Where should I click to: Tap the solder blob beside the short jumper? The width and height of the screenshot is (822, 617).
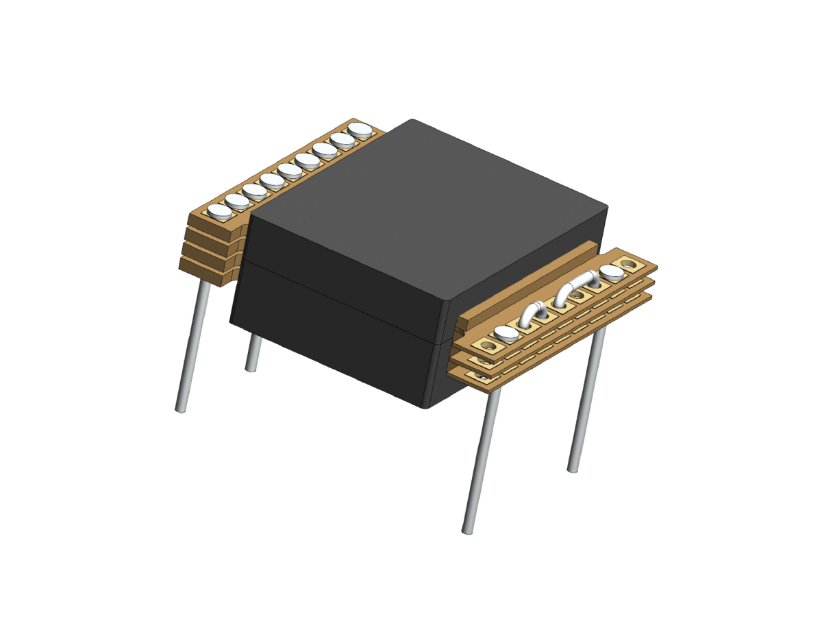(x=506, y=334)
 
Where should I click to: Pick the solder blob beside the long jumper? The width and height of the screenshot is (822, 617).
(x=612, y=273)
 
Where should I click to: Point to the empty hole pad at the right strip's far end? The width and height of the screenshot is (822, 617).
(x=628, y=263)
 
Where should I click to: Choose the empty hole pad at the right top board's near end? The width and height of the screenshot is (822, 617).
(x=488, y=344)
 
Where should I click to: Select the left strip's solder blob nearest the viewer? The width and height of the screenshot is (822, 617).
(x=221, y=212)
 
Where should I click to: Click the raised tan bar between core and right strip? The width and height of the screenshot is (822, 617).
(x=527, y=281)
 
